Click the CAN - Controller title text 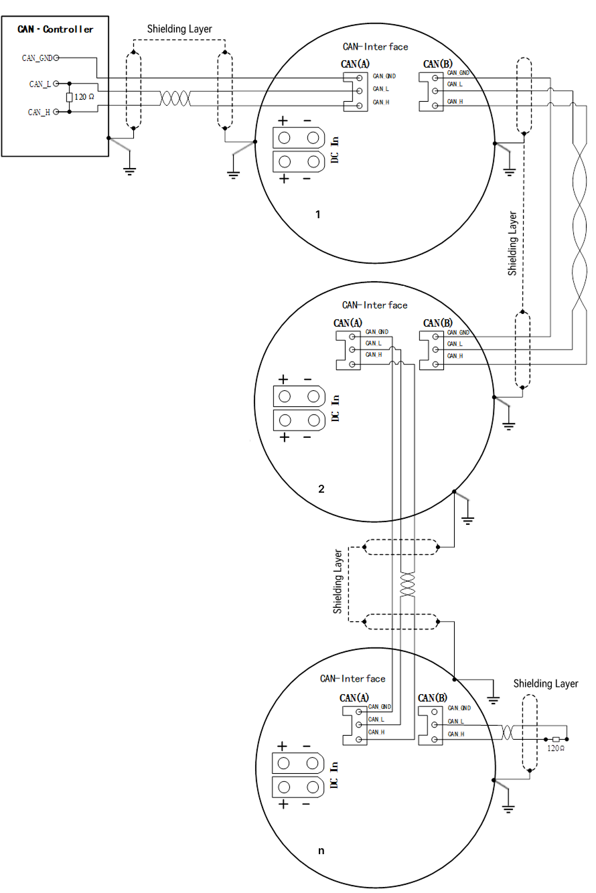pyautogui.click(x=55, y=29)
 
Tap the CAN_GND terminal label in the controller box pyautogui.click(x=38, y=58)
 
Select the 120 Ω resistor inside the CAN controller pyautogui.click(x=69, y=97)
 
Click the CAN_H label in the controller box pyautogui.click(x=39, y=112)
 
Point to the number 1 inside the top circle pyautogui.click(x=318, y=214)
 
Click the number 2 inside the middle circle pyautogui.click(x=321, y=489)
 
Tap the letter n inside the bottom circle pyautogui.click(x=321, y=851)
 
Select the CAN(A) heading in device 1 pyautogui.click(x=355, y=64)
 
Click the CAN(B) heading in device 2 pyautogui.click(x=438, y=323)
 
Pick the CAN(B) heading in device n pyautogui.click(x=433, y=698)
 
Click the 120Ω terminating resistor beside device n pyautogui.click(x=556, y=739)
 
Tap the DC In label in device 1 pyautogui.click(x=335, y=150)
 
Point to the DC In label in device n pyautogui.click(x=334, y=775)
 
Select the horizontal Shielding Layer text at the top pyautogui.click(x=179, y=29)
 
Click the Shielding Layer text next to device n pyautogui.click(x=545, y=683)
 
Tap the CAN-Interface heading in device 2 pyautogui.click(x=374, y=305)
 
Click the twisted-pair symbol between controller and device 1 pyautogui.click(x=175, y=98)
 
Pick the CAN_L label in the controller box pyautogui.click(x=40, y=84)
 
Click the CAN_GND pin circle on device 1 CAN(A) pyautogui.click(x=359, y=78)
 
